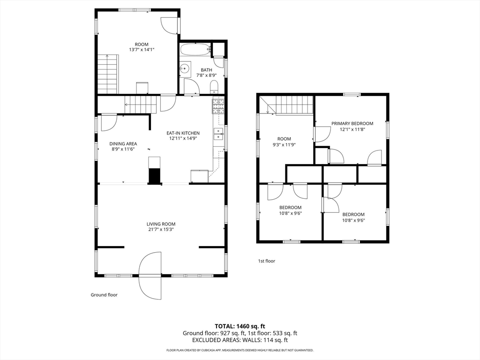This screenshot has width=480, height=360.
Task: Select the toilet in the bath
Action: [214, 86]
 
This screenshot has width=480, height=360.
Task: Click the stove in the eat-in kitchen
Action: [218, 107]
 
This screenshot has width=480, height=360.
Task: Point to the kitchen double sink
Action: [218, 135]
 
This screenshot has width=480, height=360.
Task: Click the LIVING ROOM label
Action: [161, 224]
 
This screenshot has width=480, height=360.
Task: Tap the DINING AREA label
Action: [123, 144]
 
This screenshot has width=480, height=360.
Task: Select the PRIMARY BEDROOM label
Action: [352, 124]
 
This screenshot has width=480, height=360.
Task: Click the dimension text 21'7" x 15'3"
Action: [161, 230]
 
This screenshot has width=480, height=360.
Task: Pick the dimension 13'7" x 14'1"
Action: [142, 50]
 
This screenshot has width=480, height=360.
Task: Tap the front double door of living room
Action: [150, 272]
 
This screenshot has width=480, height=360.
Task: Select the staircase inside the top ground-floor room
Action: [107, 74]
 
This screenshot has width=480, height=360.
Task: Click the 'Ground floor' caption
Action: [104, 295]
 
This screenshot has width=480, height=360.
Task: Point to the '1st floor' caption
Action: [266, 261]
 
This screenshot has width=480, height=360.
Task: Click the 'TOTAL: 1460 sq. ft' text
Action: [240, 326]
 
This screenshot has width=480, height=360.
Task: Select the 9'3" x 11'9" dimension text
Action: [284, 145]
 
